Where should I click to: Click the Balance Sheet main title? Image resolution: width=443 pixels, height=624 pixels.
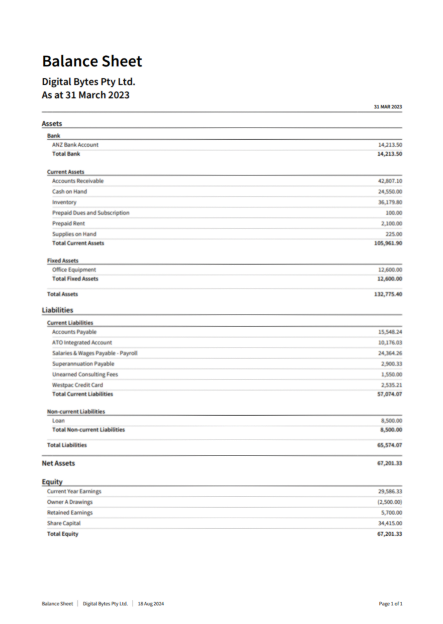(92, 61)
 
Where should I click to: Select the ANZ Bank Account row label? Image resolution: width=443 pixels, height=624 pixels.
(75, 145)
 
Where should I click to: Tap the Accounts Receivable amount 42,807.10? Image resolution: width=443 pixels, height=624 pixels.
(390, 181)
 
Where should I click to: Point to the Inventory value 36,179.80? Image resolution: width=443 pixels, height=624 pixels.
(390, 202)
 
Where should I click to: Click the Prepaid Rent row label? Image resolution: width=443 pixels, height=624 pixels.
(68, 223)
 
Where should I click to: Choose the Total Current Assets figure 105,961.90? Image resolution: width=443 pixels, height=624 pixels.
(388, 243)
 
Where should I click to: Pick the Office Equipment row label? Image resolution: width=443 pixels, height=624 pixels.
(74, 269)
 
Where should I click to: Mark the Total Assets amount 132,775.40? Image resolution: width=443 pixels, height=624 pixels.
(388, 294)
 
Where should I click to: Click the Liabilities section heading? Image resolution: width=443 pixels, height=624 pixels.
(57, 310)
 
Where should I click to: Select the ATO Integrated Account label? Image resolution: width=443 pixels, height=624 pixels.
(82, 342)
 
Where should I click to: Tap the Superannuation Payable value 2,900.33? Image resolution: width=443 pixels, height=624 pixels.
(391, 364)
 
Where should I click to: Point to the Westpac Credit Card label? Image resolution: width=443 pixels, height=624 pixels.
(78, 385)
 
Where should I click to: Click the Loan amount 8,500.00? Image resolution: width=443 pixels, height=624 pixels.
(391, 420)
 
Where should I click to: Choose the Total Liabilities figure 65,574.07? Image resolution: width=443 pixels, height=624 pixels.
(389, 445)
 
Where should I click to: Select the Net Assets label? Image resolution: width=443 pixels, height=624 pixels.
(58, 463)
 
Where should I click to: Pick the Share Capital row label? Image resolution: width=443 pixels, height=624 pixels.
(64, 523)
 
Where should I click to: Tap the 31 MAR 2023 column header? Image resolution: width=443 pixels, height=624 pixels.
(388, 107)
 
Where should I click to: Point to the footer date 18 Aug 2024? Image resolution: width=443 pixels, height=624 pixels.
(151, 604)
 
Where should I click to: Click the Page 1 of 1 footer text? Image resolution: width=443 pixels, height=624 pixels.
(390, 604)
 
